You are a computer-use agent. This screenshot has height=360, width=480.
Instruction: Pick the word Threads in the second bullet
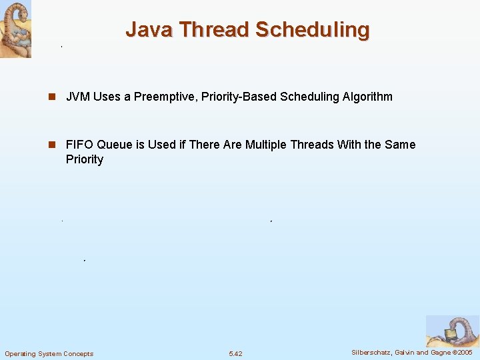tap(312, 145)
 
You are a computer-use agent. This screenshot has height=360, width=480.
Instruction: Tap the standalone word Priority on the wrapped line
tap(85, 159)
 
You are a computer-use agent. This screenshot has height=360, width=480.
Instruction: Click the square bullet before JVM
tap(51, 97)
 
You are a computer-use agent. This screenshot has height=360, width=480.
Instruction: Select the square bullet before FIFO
tap(51, 145)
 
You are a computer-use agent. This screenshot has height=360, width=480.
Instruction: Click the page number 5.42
tap(235, 353)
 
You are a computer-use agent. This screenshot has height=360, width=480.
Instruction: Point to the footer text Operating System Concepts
tap(49, 353)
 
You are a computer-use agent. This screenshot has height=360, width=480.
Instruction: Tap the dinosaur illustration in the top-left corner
tap(15, 29)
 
